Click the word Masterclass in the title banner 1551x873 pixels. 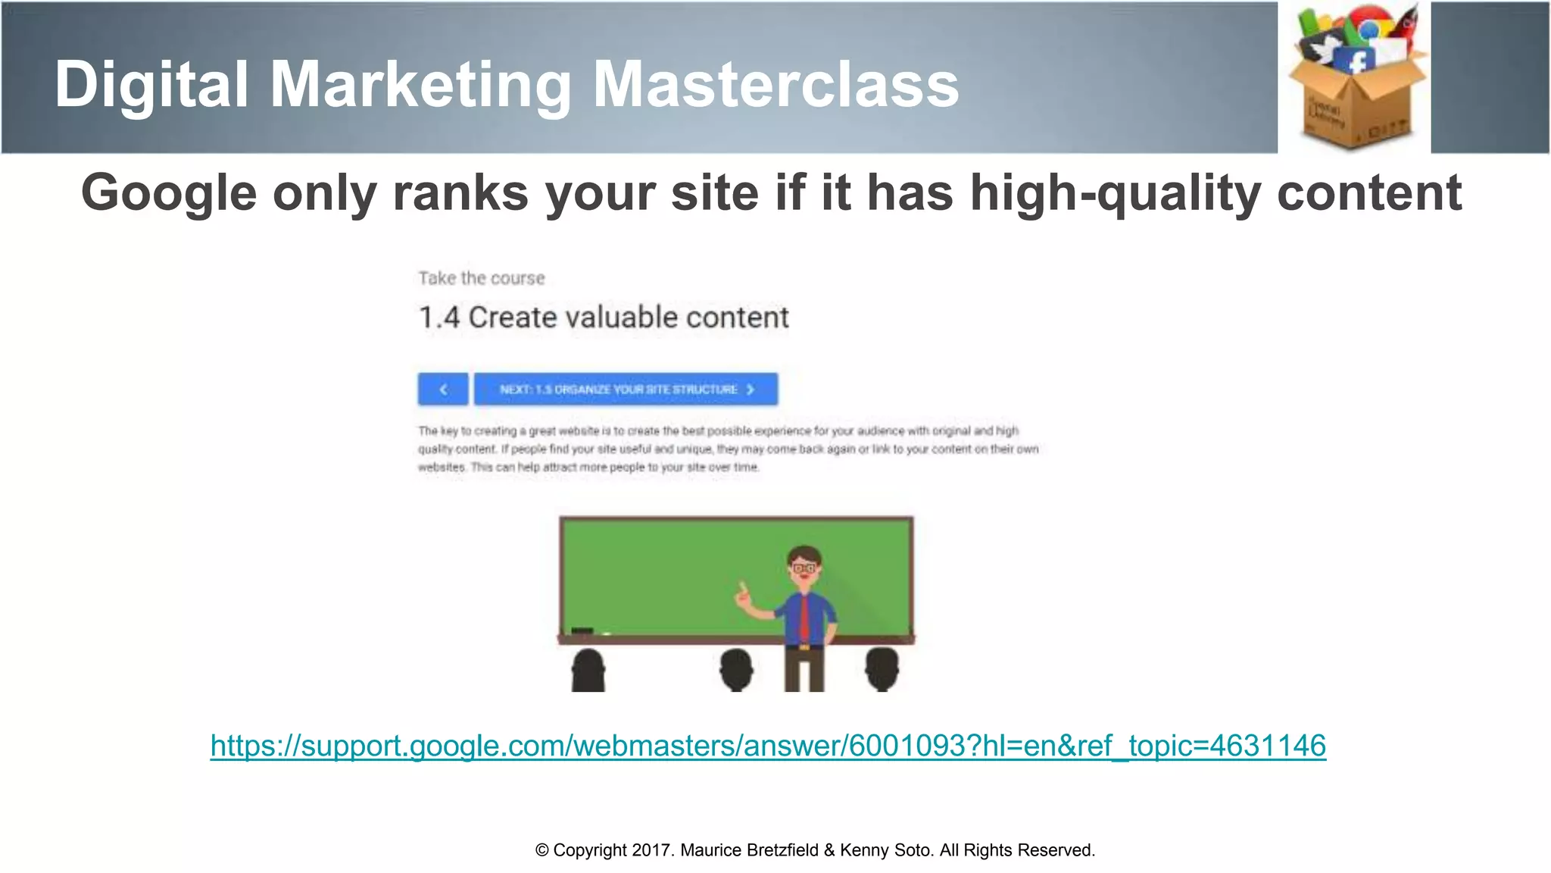coord(775,84)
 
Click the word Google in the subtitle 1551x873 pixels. coord(168,193)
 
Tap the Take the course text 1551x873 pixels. coord(482,278)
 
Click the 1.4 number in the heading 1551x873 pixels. coord(438,318)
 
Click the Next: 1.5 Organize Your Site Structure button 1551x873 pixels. coord(626,390)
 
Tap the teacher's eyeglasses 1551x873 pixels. coord(804,567)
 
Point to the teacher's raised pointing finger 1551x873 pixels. coord(742,587)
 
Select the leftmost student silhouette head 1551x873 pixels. coord(588,667)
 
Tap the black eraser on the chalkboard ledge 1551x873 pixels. coord(582,631)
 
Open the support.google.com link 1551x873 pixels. coord(768,746)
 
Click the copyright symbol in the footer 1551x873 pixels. coord(541,850)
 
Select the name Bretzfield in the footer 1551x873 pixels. coord(782,850)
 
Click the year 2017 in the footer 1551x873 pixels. coord(651,850)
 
